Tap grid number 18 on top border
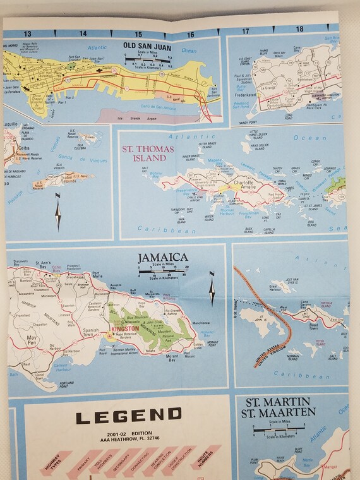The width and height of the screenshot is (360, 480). (299, 29)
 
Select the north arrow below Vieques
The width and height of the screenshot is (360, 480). (58, 214)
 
